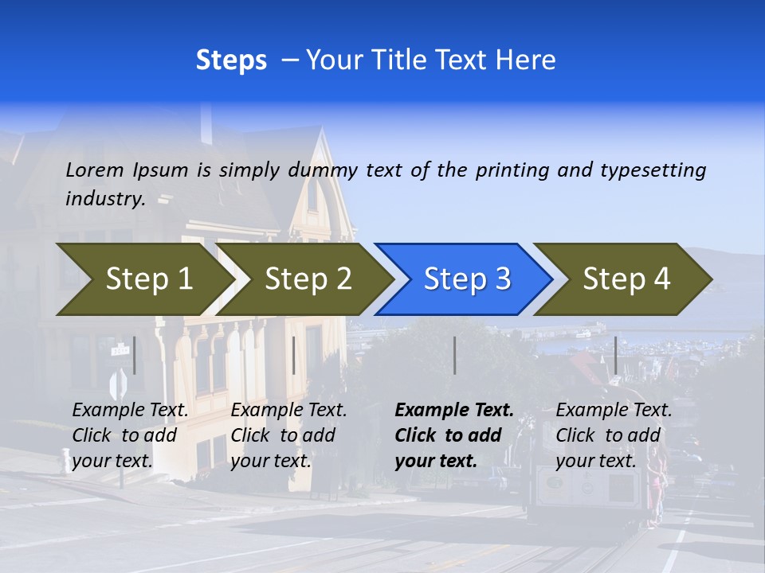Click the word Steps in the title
pyautogui.click(x=231, y=60)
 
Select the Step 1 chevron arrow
pyautogui.click(x=143, y=279)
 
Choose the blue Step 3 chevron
pyautogui.click(x=465, y=279)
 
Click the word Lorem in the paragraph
pyautogui.click(x=95, y=170)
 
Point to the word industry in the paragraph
pyautogui.click(x=105, y=199)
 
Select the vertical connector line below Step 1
pyautogui.click(x=135, y=355)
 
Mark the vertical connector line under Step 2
pyautogui.click(x=294, y=355)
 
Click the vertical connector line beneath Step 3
pyautogui.click(x=454, y=355)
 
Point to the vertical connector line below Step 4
pyautogui.click(x=615, y=355)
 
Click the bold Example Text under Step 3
pyautogui.click(x=454, y=411)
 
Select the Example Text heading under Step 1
pyautogui.click(x=130, y=411)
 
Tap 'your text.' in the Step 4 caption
pyautogui.click(x=595, y=462)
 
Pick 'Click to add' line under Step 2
pyautogui.click(x=283, y=436)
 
